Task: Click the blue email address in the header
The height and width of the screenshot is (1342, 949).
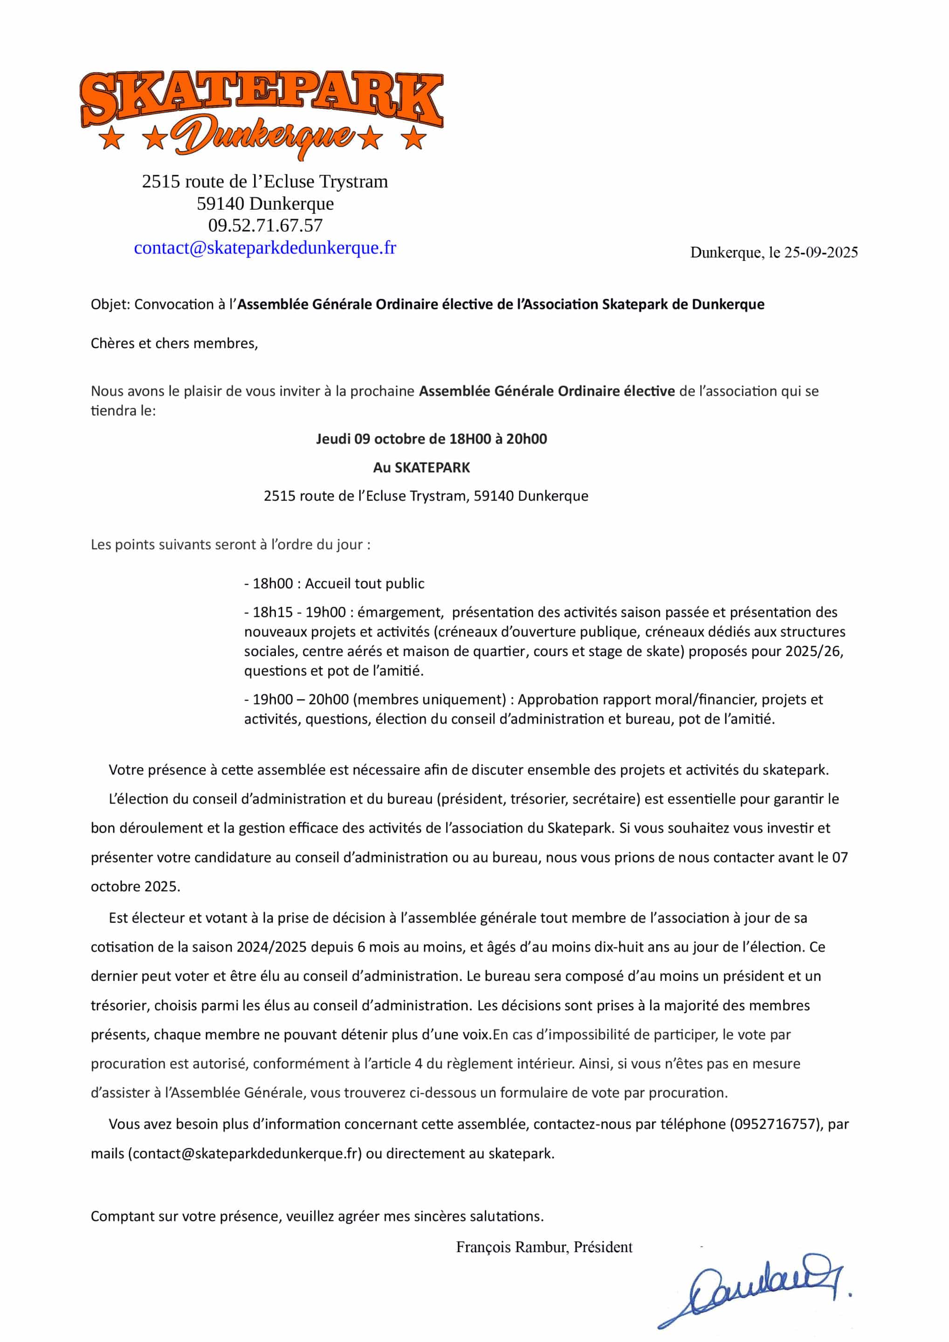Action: tap(265, 248)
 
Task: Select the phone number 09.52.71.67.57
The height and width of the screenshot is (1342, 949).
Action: tap(265, 225)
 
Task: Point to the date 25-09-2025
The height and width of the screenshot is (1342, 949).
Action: tap(820, 253)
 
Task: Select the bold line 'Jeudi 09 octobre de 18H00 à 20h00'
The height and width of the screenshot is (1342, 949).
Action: tap(431, 439)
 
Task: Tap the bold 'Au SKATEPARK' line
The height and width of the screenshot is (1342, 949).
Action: tap(421, 467)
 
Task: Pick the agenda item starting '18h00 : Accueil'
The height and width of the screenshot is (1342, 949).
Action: tap(335, 583)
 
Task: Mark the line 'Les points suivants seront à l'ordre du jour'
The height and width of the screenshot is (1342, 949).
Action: tap(230, 545)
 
